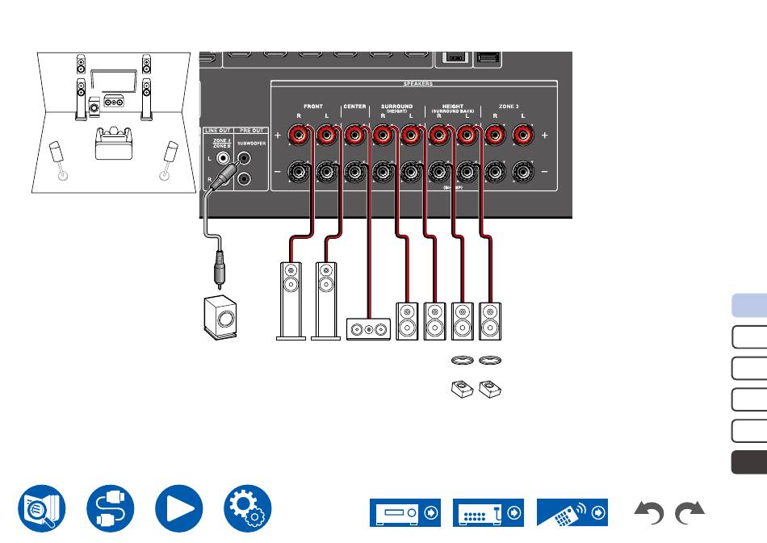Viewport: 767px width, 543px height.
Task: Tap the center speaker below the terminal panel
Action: coord(368,328)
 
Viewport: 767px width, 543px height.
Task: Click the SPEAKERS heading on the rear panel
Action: coord(417,83)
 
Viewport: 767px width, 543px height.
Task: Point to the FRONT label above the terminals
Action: coord(312,107)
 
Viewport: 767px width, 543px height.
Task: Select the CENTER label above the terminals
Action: coord(354,107)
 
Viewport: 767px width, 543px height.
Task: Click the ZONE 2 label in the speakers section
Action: coord(509,107)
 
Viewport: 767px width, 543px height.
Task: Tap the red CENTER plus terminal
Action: coord(354,136)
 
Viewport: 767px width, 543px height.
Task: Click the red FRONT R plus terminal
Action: coord(299,136)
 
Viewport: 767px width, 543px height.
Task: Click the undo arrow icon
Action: coord(650,513)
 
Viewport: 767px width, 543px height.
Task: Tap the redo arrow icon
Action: coord(689,513)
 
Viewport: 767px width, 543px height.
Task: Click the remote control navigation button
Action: coord(571,512)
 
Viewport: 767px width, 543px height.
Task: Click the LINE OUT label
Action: coord(217,130)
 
